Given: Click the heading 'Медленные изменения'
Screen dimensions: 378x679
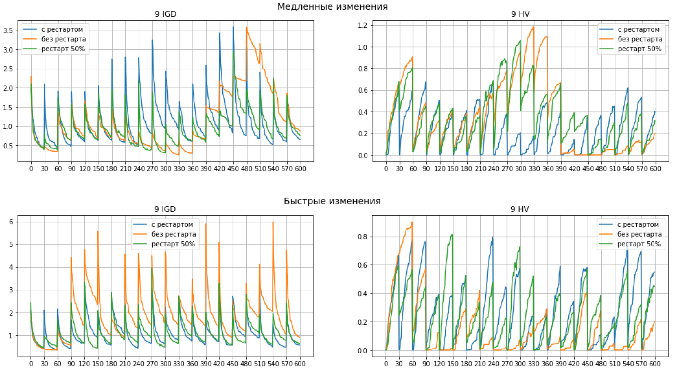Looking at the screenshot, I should (x=332, y=6).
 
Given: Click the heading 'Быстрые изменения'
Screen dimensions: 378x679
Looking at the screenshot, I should (x=332, y=201).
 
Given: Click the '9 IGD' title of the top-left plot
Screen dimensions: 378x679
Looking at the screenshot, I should (x=165, y=14).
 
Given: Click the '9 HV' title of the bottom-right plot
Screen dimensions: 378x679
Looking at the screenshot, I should (x=520, y=209).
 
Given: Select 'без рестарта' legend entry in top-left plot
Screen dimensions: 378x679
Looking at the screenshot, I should (x=63, y=39).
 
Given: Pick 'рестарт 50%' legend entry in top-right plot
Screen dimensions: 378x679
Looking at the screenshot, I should (x=639, y=49).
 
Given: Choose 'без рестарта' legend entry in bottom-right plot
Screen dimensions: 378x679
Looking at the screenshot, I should (x=639, y=234).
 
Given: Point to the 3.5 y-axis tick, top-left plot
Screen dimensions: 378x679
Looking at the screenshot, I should (x=8, y=31).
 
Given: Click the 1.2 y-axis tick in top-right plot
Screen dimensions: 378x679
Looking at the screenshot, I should (x=362, y=25).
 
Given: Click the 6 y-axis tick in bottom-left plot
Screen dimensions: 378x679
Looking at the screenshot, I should (x=11, y=222).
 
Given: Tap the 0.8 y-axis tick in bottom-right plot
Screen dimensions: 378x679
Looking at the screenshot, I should (x=362, y=237).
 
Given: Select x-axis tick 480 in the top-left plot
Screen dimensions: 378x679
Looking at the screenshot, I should (x=246, y=168).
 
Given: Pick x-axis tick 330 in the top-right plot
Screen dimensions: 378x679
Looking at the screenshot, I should (x=534, y=168).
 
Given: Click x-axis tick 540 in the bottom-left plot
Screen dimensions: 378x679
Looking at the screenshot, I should (x=273, y=364).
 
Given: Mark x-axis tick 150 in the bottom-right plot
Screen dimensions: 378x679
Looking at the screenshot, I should (x=452, y=364).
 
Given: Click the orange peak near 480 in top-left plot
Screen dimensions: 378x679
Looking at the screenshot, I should (x=247, y=28).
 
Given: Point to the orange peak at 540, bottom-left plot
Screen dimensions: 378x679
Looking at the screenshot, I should (x=273, y=222).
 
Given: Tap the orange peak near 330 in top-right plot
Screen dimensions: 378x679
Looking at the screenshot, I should (x=534, y=27).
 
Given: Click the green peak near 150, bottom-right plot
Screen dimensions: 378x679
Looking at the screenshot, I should (x=452, y=235).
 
